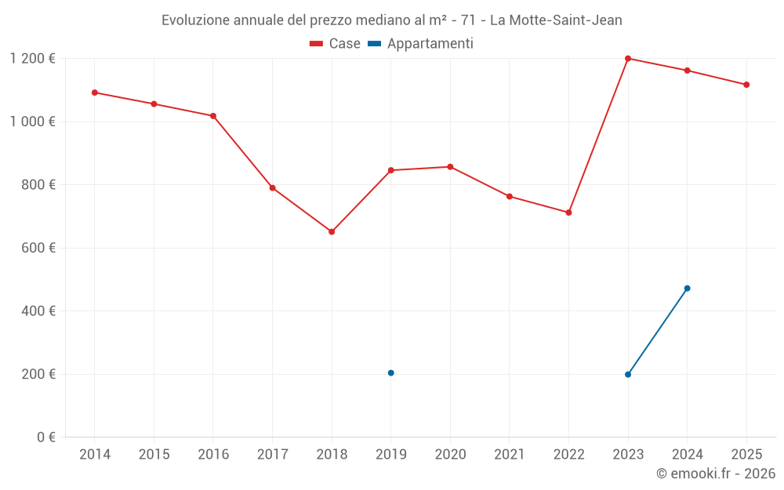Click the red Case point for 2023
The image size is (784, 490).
pos(628,59)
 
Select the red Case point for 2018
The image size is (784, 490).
pos(332,232)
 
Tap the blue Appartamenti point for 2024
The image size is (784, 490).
pos(688,289)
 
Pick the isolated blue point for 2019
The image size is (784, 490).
pos(391,373)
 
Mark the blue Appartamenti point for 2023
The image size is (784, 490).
pos(628,375)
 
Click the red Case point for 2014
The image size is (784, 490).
pos(95,93)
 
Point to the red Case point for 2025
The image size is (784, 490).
pos(746,85)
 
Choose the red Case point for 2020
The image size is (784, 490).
pos(450,167)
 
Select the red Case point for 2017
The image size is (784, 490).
pos(272,188)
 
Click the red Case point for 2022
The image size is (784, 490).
pos(569,212)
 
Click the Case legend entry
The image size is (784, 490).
pos(336,44)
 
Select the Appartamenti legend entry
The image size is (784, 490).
pos(421,44)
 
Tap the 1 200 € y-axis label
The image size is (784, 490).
pos(32,59)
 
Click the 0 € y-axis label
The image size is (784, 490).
pos(46,437)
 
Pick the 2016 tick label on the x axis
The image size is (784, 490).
pos(213,455)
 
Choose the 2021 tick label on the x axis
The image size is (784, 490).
pos(510,455)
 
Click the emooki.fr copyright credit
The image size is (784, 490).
pos(716,474)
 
